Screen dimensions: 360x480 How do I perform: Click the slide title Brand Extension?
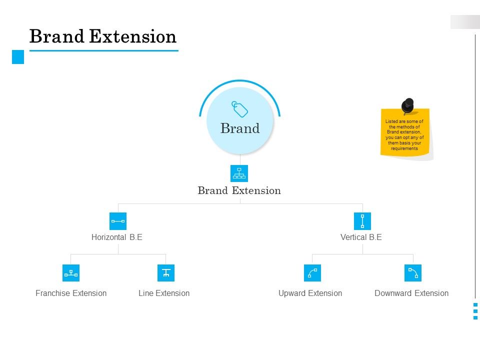(x=103, y=37)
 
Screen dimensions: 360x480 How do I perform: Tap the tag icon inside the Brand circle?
(x=240, y=108)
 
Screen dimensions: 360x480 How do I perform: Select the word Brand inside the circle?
(x=240, y=128)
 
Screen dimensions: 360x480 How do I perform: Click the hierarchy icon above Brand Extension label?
(x=239, y=173)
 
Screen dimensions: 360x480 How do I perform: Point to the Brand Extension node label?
(x=239, y=190)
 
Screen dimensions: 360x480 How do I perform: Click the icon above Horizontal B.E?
(x=118, y=221)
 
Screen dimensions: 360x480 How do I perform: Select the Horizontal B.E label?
(x=117, y=237)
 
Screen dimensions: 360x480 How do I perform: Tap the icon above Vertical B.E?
(x=362, y=221)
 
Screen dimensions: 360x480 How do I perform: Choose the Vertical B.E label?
(x=361, y=237)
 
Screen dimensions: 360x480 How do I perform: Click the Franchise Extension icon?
(x=71, y=273)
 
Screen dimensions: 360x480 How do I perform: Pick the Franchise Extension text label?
(x=71, y=293)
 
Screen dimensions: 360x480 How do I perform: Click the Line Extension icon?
(x=166, y=273)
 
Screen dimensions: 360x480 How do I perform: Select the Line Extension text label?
(x=164, y=293)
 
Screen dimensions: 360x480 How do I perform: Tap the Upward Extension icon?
(x=312, y=273)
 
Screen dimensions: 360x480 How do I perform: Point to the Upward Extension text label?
(x=310, y=293)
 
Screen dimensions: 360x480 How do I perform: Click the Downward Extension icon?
(x=413, y=273)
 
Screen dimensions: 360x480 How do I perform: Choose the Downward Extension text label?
(x=411, y=293)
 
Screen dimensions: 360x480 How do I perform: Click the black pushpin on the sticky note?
(x=408, y=106)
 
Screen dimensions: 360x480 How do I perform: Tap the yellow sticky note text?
(x=404, y=135)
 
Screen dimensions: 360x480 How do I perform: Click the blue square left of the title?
(x=18, y=57)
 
